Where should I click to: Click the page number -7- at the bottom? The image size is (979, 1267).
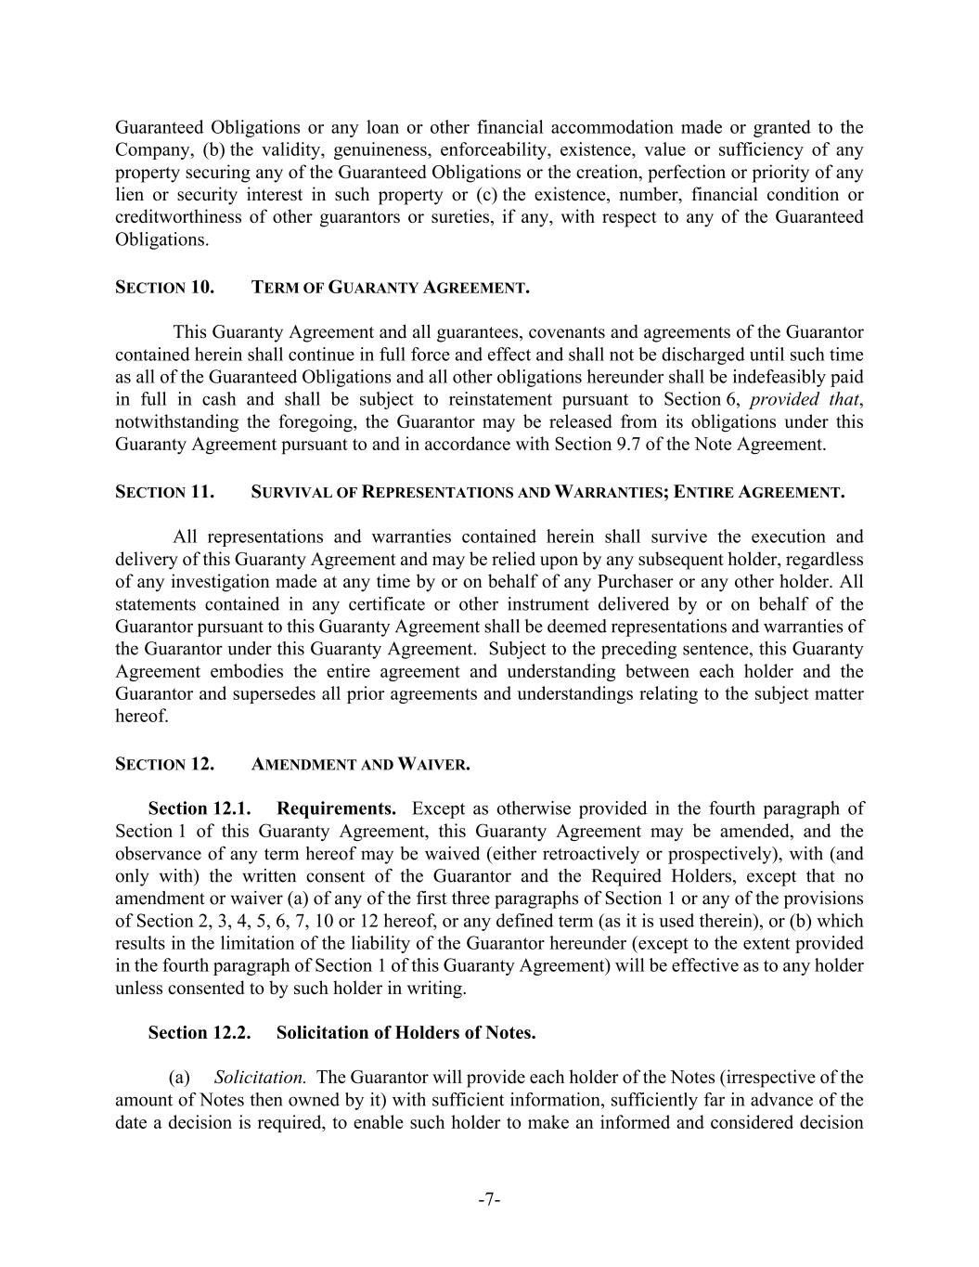489,1200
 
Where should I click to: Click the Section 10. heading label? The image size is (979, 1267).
164,288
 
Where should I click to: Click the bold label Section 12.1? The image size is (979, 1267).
200,809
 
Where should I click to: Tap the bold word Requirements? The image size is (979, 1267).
337,809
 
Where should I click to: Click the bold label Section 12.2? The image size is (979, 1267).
200,1033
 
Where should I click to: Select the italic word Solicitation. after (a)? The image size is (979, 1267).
260,1078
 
